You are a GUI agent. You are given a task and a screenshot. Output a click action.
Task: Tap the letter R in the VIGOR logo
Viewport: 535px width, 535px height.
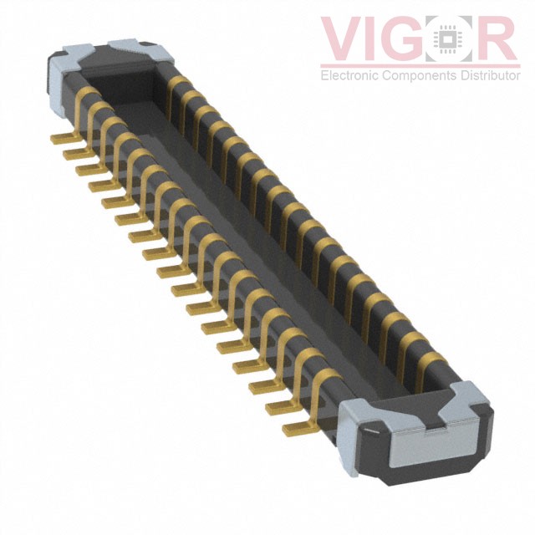click(496, 38)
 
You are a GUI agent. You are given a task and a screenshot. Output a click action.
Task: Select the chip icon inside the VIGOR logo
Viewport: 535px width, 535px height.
click(449, 38)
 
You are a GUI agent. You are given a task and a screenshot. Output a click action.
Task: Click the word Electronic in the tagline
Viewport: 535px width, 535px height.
click(350, 74)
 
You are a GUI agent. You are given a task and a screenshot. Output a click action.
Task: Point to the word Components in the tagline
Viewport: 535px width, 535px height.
click(420, 75)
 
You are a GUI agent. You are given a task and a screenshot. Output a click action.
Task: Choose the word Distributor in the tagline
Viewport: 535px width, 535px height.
click(490, 74)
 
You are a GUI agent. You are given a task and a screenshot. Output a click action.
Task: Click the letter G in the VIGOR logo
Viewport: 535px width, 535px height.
click(405, 38)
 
